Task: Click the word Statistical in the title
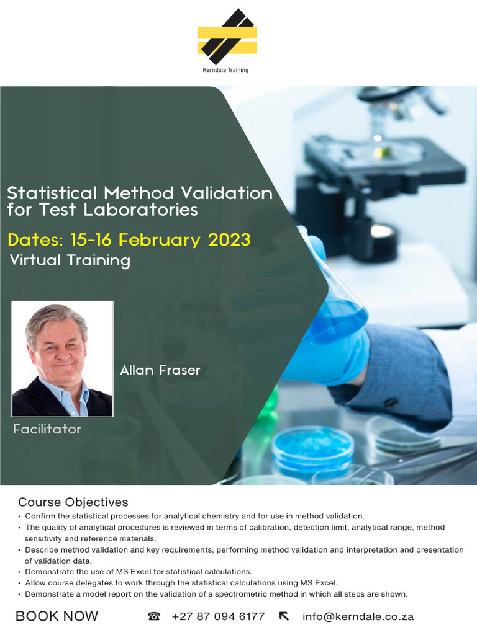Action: coord(52,193)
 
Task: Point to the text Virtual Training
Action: coord(70,260)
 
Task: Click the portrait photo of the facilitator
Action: coord(62,359)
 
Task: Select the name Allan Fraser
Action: coord(160,370)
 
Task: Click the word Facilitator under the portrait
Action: coord(47,429)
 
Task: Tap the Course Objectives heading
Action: coord(73,502)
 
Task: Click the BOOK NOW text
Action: coord(57,616)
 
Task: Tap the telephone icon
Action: coord(154,616)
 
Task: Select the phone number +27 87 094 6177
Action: coord(218,616)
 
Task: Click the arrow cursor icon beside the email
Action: coord(284,616)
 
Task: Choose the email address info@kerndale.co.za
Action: coord(358,616)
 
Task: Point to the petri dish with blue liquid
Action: coord(313,447)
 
